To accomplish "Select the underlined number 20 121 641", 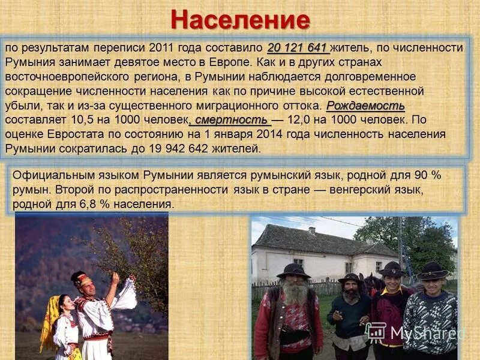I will (298, 47).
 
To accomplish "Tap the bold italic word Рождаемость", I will (365, 106).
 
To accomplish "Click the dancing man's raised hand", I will (115, 278).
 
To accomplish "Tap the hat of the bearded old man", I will (293, 271).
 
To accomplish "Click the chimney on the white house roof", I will (311, 230).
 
